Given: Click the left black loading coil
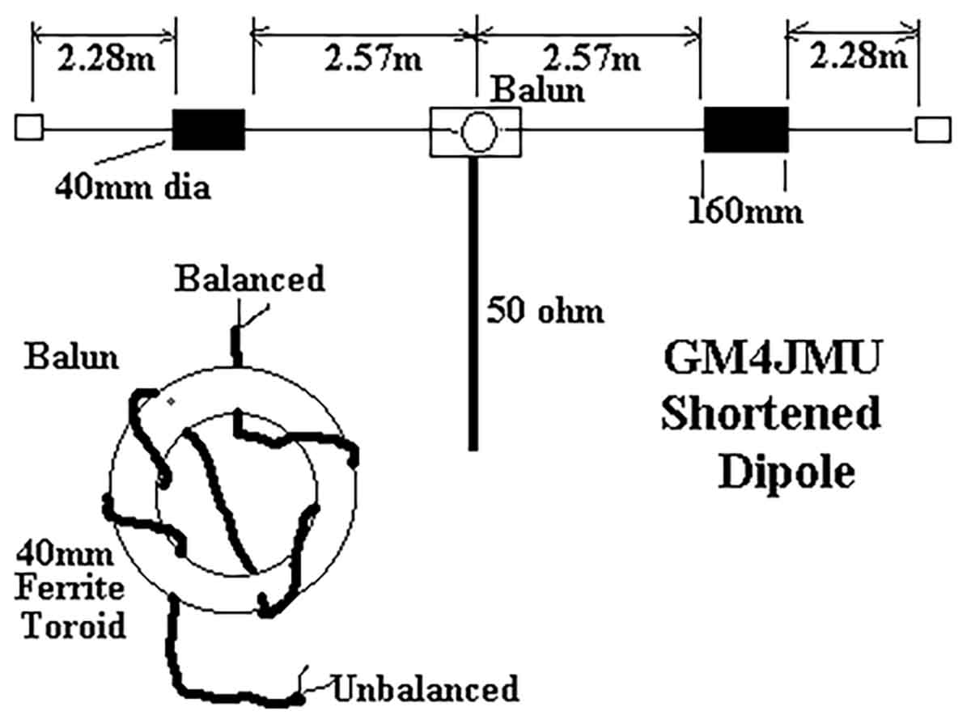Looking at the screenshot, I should click(x=209, y=129).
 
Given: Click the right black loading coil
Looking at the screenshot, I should click(x=745, y=129).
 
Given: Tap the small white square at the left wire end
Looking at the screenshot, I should click(x=29, y=129).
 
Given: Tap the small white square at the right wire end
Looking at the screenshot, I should click(x=932, y=129).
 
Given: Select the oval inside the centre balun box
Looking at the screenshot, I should click(x=476, y=130).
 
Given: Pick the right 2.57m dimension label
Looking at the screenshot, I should click(x=592, y=59).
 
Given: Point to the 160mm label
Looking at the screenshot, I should click(x=745, y=211).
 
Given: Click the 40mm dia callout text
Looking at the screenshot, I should click(x=133, y=188).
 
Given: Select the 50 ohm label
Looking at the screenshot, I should click(x=545, y=310).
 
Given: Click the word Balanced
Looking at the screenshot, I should click(x=250, y=279).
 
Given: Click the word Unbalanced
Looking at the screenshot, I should click(x=425, y=688).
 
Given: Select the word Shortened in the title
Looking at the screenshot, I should click(x=770, y=414).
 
